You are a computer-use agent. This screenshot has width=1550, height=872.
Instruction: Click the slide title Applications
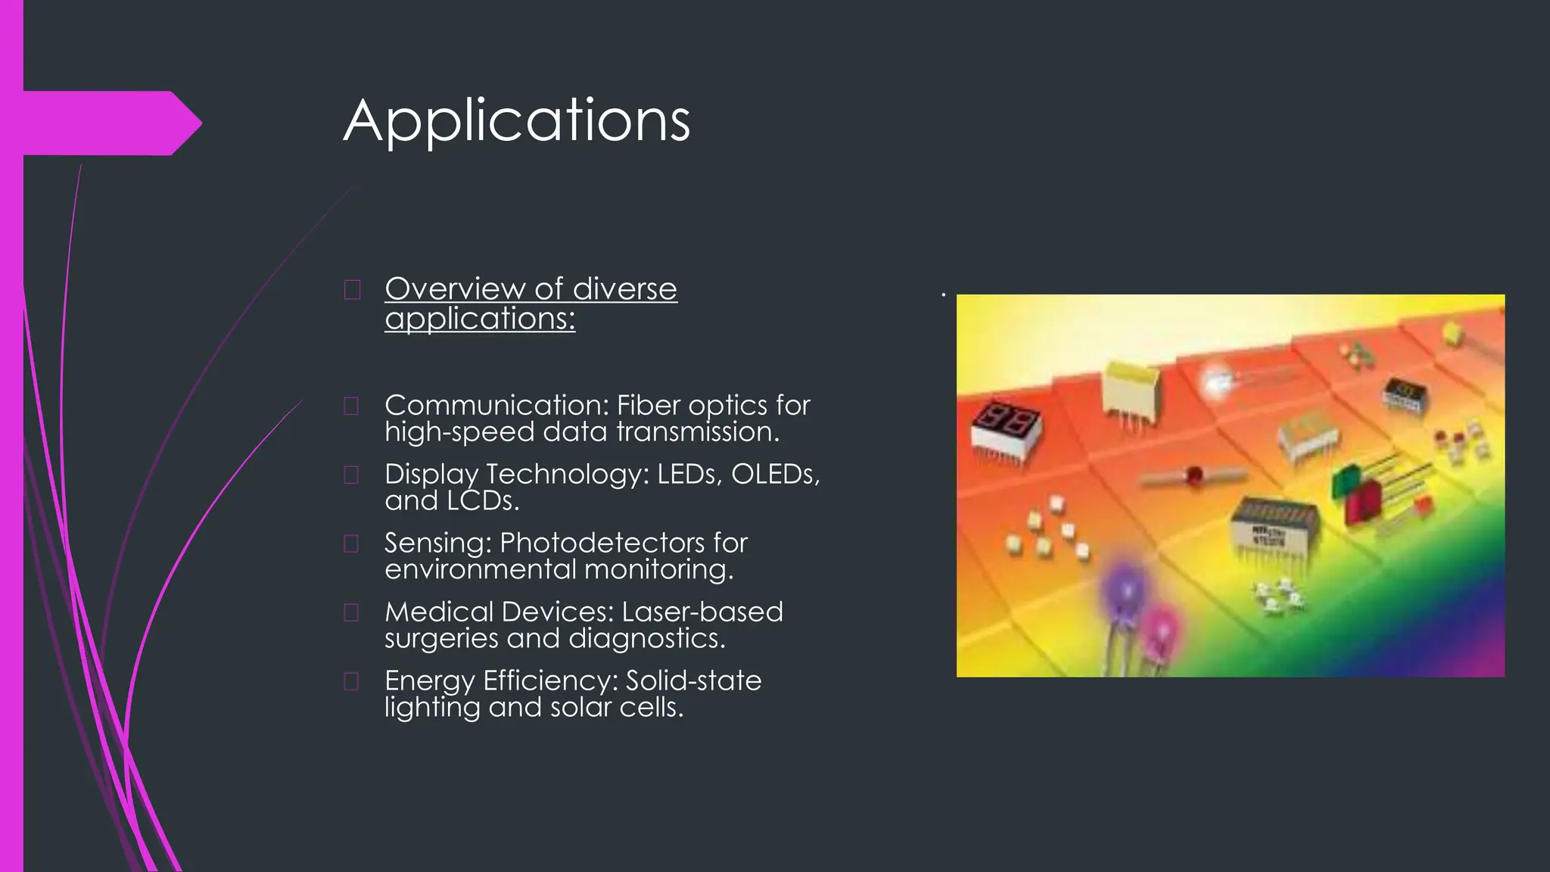coord(517,121)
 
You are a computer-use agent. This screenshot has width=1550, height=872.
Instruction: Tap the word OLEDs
coord(773,475)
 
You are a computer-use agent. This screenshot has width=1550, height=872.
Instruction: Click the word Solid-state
coord(693,680)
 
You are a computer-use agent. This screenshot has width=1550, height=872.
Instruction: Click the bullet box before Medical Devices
coord(351,612)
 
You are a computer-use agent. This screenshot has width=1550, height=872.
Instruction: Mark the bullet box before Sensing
coord(351,543)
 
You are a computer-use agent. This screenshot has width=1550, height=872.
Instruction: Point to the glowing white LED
coord(1218,382)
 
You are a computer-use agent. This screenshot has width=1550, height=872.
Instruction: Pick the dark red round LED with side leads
coord(1194,476)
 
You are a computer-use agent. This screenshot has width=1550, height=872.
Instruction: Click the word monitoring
coord(658,569)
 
